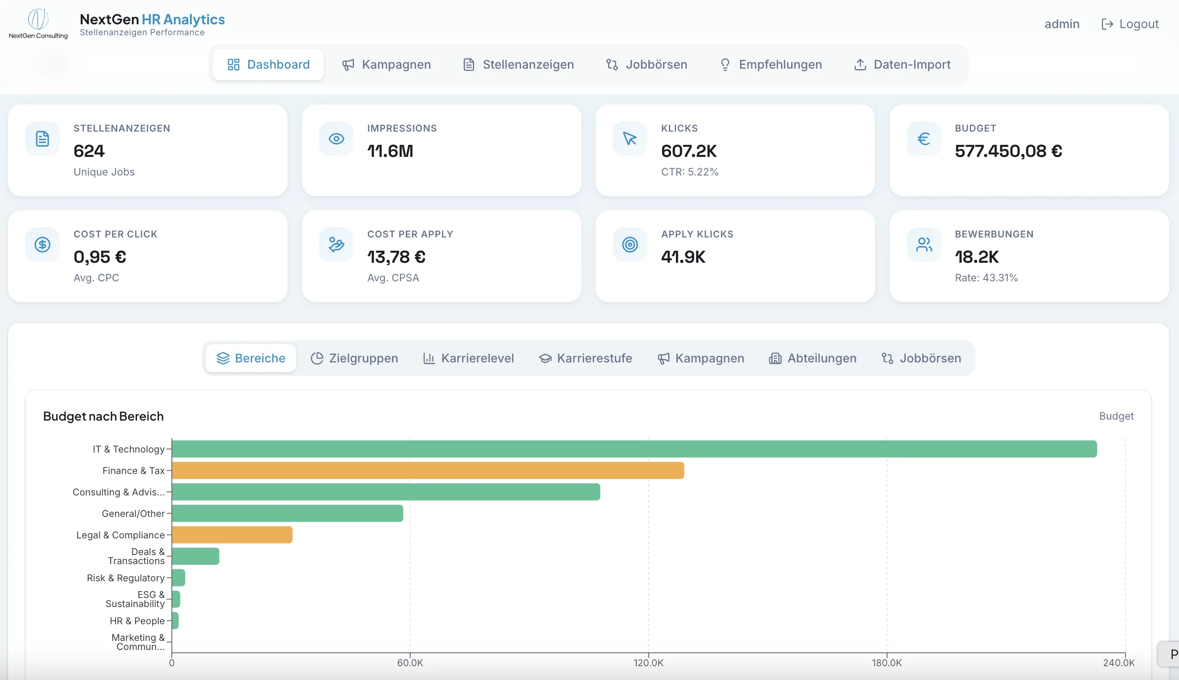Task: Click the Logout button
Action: (x=1130, y=24)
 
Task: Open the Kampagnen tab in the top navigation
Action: (x=387, y=64)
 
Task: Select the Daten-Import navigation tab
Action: (x=902, y=64)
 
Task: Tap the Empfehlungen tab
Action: (x=770, y=64)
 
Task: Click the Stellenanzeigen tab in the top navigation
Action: (x=518, y=64)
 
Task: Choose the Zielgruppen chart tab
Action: (x=354, y=358)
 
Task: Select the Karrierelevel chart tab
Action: (x=468, y=358)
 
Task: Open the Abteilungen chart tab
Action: (x=812, y=358)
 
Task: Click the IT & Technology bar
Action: (x=634, y=449)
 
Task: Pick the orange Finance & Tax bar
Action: (x=428, y=470)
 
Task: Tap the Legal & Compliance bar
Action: (x=232, y=535)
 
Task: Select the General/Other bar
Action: (x=287, y=513)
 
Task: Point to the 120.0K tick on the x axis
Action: (x=648, y=663)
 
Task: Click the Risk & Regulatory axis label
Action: (x=126, y=578)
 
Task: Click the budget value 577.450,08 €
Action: (x=1008, y=151)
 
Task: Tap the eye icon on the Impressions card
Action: (x=337, y=139)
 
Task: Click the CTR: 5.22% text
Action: (x=690, y=172)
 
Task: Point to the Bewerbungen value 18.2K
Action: (x=977, y=257)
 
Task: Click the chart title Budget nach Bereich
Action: (x=103, y=416)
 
